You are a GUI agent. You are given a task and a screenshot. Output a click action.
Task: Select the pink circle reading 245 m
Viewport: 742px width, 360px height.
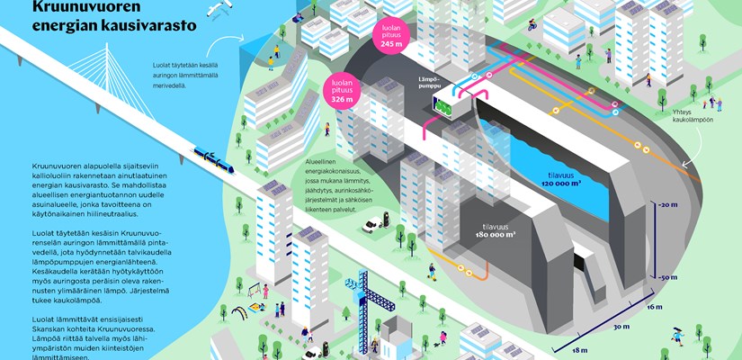point(391,37)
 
